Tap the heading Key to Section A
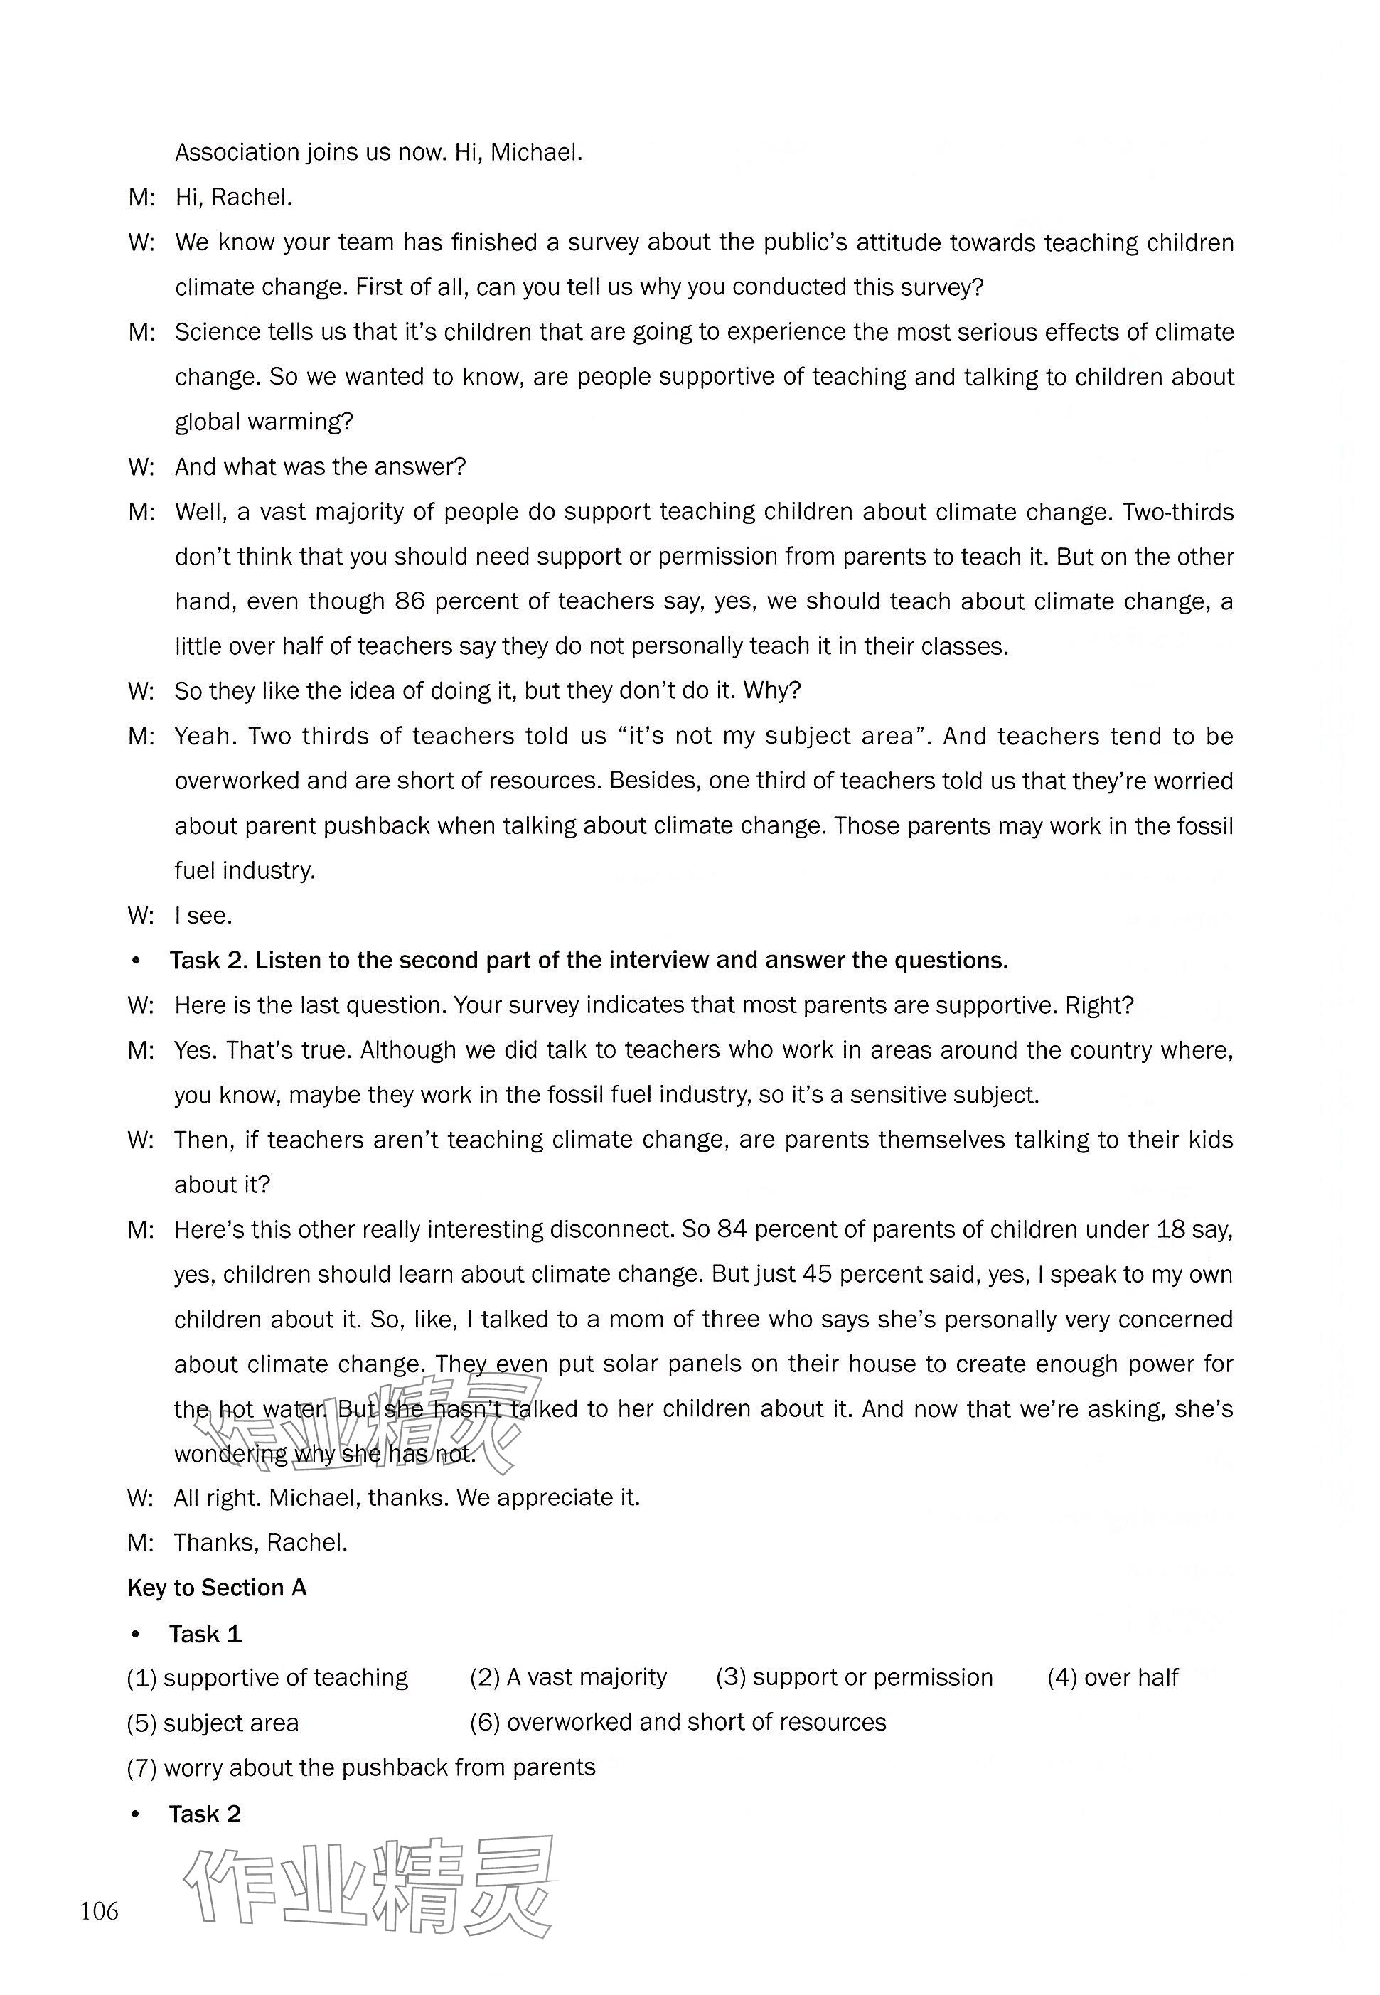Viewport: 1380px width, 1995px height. [x=216, y=1588]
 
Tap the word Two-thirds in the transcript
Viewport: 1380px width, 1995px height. [x=1177, y=512]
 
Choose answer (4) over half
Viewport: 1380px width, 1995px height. [x=1112, y=1678]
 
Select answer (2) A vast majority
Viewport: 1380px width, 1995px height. [x=568, y=1678]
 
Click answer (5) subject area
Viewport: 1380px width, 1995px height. [x=213, y=1723]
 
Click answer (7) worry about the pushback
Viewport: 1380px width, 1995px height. [x=361, y=1767]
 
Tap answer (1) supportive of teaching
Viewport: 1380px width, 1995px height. [x=267, y=1678]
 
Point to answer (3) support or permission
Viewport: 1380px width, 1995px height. [x=855, y=1678]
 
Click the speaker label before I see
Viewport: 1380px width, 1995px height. [x=140, y=916]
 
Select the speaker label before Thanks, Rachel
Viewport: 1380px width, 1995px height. [x=140, y=1543]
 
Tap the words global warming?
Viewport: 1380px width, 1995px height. [x=264, y=422]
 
